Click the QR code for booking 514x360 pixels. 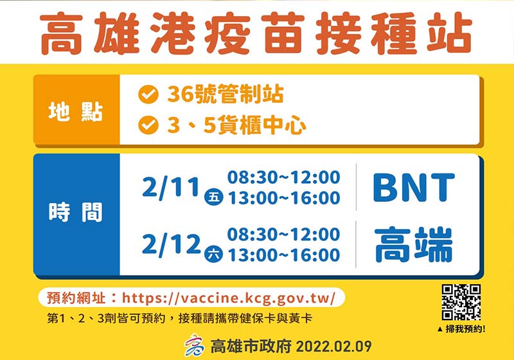pyautogui.click(x=461, y=302)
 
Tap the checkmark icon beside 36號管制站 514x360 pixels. pyautogui.click(x=148, y=94)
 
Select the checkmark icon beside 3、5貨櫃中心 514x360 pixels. pyautogui.click(x=148, y=125)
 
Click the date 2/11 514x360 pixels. pyautogui.click(x=171, y=188)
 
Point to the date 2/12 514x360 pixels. pyautogui.click(x=171, y=245)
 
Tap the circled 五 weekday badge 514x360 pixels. pyautogui.click(x=214, y=197)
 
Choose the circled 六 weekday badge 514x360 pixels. pyautogui.click(x=214, y=254)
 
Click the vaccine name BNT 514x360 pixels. pyautogui.click(x=414, y=188)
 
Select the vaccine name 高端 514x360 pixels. pyautogui.click(x=413, y=244)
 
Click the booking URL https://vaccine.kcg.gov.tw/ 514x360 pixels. pyautogui.click(x=229, y=298)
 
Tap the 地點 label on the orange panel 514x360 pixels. pyautogui.click(x=76, y=112)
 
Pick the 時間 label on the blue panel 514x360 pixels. pyautogui.click(x=76, y=212)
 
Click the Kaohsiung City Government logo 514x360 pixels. pyautogui.click(x=194, y=346)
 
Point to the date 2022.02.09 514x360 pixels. pyautogui.click(x=333, y=347)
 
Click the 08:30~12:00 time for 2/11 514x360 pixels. pyautogui.click(x=284, y=177)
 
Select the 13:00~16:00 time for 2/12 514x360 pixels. pyautogui.click(x=284, y=255)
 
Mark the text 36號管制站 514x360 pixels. pyautogui.click(x=226, y=94)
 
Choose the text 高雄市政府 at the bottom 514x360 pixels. pyautogui.click(x=251, y=346)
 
